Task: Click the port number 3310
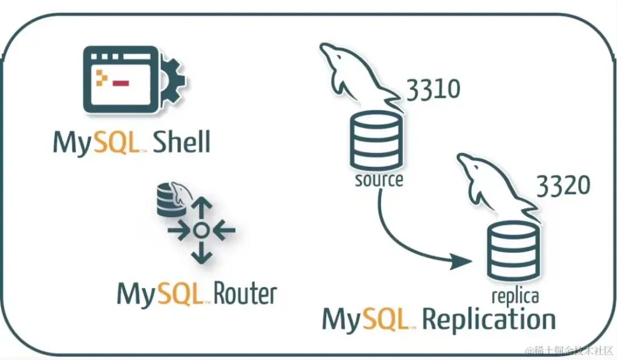tap(433, 90)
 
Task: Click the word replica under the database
tap(515, 296)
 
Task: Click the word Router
tap(245, 294)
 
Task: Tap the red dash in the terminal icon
tap(121, 83)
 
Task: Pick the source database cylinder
tap(376, 141)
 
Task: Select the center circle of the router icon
tap(200, 230)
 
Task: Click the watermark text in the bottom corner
tap(568, 350)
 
